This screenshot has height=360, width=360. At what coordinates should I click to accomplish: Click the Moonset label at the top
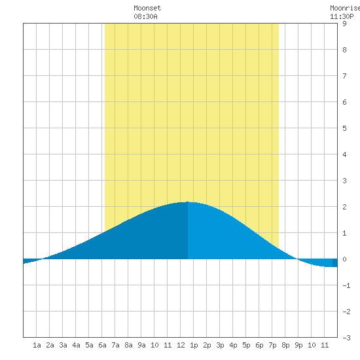pyautogui.click(x=147, y=8)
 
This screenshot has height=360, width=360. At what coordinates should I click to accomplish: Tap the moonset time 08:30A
pyautogui.click(x=145, y=16)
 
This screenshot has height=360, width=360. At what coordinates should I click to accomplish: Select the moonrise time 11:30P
pyautogui.click(x=342, y=16)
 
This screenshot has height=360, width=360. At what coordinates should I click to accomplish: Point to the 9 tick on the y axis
pyautogui.click(x=344, y=24)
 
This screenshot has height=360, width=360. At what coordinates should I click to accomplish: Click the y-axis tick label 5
pyautogui.click(x=344, y=128)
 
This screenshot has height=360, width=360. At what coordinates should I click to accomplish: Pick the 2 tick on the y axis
pyautogui.click(x=344, y=207)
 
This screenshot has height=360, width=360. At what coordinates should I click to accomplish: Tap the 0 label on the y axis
pyautogui.click(x=344, y=259)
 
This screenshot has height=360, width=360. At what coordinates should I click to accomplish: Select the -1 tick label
pyautogui.click(x=346, y=285)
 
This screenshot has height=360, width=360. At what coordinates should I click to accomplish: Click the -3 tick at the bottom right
pyautogui.click(x=346, y=338)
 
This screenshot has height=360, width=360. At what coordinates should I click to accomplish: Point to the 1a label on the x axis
pyautogui.click(x=37, y=345)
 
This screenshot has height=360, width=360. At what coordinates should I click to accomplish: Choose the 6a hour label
pyautogui.click(x=102, y=345)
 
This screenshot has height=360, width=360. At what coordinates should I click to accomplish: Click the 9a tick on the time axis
pyautogui.click(x=141, y=345)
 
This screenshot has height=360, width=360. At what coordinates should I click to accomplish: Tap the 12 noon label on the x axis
pyautogui.click(x=181, y=345)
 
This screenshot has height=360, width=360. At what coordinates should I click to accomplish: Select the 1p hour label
pyautogui.click(x=194, y=345)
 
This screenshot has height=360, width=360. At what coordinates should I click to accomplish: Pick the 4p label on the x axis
pyautogui.click(x=233, y=345)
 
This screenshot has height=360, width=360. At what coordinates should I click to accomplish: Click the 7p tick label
pyautogui.click(x=272, y=345)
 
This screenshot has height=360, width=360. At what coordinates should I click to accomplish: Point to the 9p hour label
pyautogui.click(x=298, y=345)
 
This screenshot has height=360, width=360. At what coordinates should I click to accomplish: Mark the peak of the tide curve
pyautogui.click(x=188, y=202)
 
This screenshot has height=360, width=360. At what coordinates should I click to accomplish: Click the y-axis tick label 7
pyautogui.click(x=344, y=76)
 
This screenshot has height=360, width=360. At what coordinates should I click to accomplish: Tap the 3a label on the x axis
pyautogui.click(x=63, y=345)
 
